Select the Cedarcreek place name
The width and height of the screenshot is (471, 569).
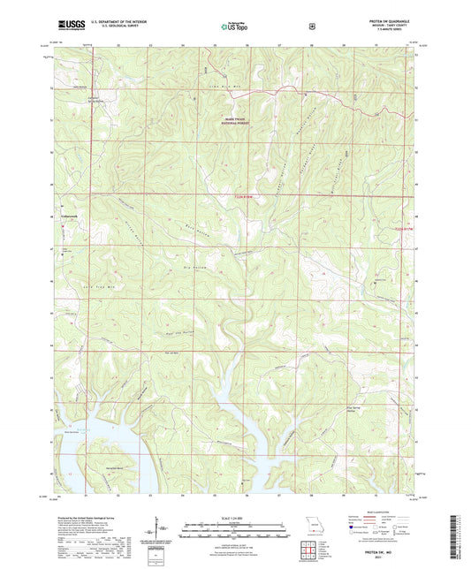[x=70, y=215]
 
